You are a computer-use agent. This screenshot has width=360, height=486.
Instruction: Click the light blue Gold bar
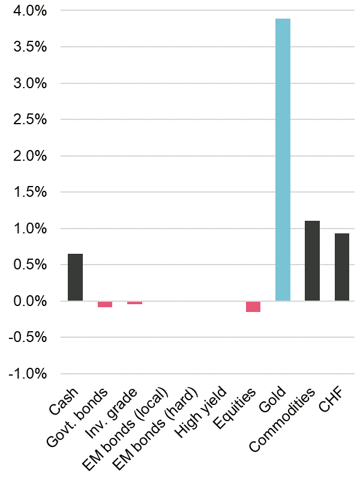[283, 160]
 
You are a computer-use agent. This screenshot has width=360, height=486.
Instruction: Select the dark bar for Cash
[75, 277]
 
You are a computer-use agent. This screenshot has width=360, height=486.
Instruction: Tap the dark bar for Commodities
[312, 260]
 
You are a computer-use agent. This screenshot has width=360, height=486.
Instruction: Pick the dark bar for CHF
[341, 267]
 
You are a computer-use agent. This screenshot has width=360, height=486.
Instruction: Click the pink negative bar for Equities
[253, 307]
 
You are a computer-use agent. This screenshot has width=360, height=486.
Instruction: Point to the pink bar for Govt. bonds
[105, 304]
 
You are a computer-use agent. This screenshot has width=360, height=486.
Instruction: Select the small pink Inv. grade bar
[134, 302]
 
